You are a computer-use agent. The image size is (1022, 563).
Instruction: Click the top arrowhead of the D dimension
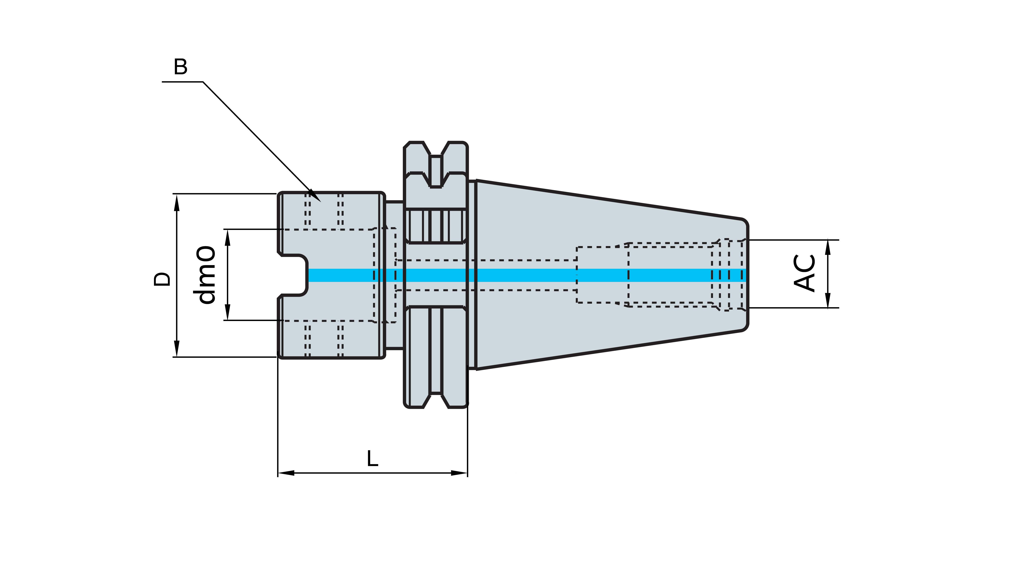[177, 202]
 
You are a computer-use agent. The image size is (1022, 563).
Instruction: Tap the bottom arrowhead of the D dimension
[177, 349]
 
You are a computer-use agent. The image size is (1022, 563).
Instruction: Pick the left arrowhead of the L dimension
[286, 473]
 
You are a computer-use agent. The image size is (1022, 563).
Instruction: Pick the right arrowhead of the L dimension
[459, 473]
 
